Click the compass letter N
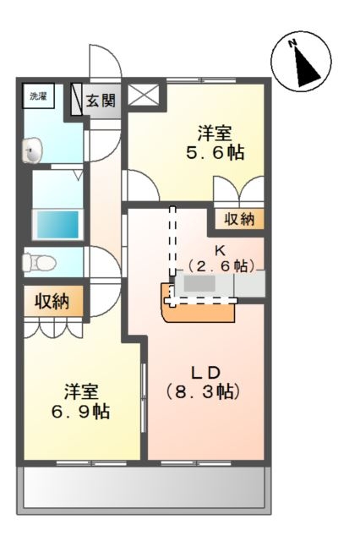[x=292, y=43]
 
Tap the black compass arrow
[x=306, y=67]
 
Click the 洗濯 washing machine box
[x=38, y=96]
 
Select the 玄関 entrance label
[x=101, y=101]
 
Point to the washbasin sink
[x=32, y=150]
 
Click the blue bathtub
[x=57, y=225]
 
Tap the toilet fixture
[x=39, y=263]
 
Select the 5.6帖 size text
[x=215, y=152]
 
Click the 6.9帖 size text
[x=81, y=411]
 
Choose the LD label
[x=205, y=373]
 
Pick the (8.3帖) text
[x=203, y=392]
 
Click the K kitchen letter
[x=220, y=251]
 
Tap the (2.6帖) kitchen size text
[x=221, y=266]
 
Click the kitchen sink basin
[x=199, y=284]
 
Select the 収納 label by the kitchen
[x=239, y=219]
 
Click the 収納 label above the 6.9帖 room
[x=52, y=301]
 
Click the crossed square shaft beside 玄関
[x=144, y=95]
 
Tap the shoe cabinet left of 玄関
[x=76, y=99]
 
